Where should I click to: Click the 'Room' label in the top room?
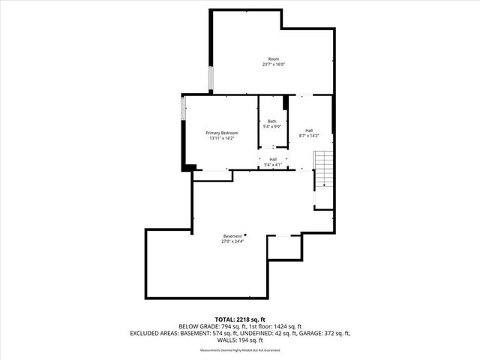pyautogui.click(x=274, y=58)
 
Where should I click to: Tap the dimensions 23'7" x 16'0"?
pyautogui.click(x=274, y=64)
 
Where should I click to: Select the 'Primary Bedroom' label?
pyautogui.click(x=222, y=133)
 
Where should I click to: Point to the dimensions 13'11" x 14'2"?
pyautogui.click(x=222, y=139)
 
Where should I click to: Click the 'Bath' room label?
pyautogui.click(x=272, y=121)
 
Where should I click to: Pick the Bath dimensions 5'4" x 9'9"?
pyautogui.click(x=272, y=127)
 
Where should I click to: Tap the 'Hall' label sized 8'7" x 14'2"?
pyautogui.click(x=309, y=130)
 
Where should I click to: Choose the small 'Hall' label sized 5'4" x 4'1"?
pyautogui.click(x=273, y=159)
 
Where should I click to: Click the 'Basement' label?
pyautogui.click(x=232, y=236)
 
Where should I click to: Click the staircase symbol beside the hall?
pyautogui.click(x=322, y=169)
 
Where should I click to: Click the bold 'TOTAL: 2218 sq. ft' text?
pyautogui.click(x=239, y=319)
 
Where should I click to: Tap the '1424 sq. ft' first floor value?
pyautogui.click(x=288, y=326)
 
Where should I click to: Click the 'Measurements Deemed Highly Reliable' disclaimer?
pyautogui.click(x=239, y=351)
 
